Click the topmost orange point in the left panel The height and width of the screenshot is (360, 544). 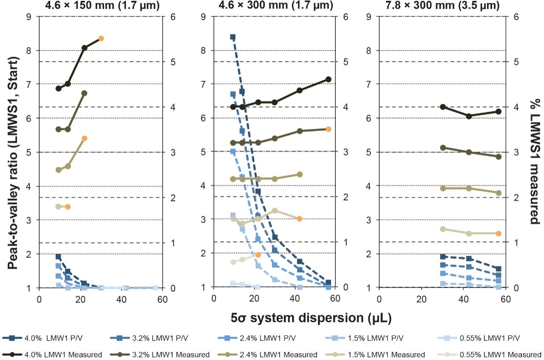pyautogui.click(x=101, y=39)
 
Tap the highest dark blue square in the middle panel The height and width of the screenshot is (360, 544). pyautogui.click(x=233, y=37)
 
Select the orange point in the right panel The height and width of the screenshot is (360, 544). pyautogui.click(x=499, y=233)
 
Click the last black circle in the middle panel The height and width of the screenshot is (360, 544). pyautogui.click(x=328, y=79)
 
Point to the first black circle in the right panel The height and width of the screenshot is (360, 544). pyautogui.click(x=443, y=107)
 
